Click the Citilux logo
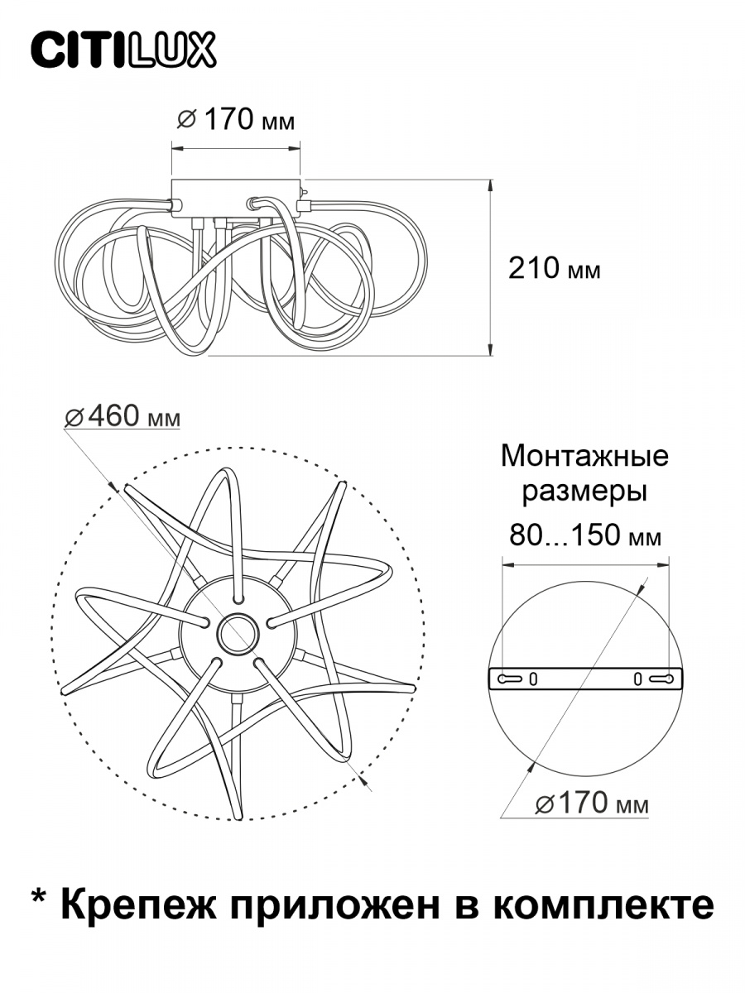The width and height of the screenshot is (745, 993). (x=123, y=50)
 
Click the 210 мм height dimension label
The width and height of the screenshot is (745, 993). (x=555, y=269)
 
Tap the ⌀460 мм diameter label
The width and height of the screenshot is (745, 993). (x=123, y=416)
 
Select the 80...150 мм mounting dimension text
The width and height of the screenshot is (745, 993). (x=585, y=535)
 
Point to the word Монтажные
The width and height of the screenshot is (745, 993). (x=584, y=456)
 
